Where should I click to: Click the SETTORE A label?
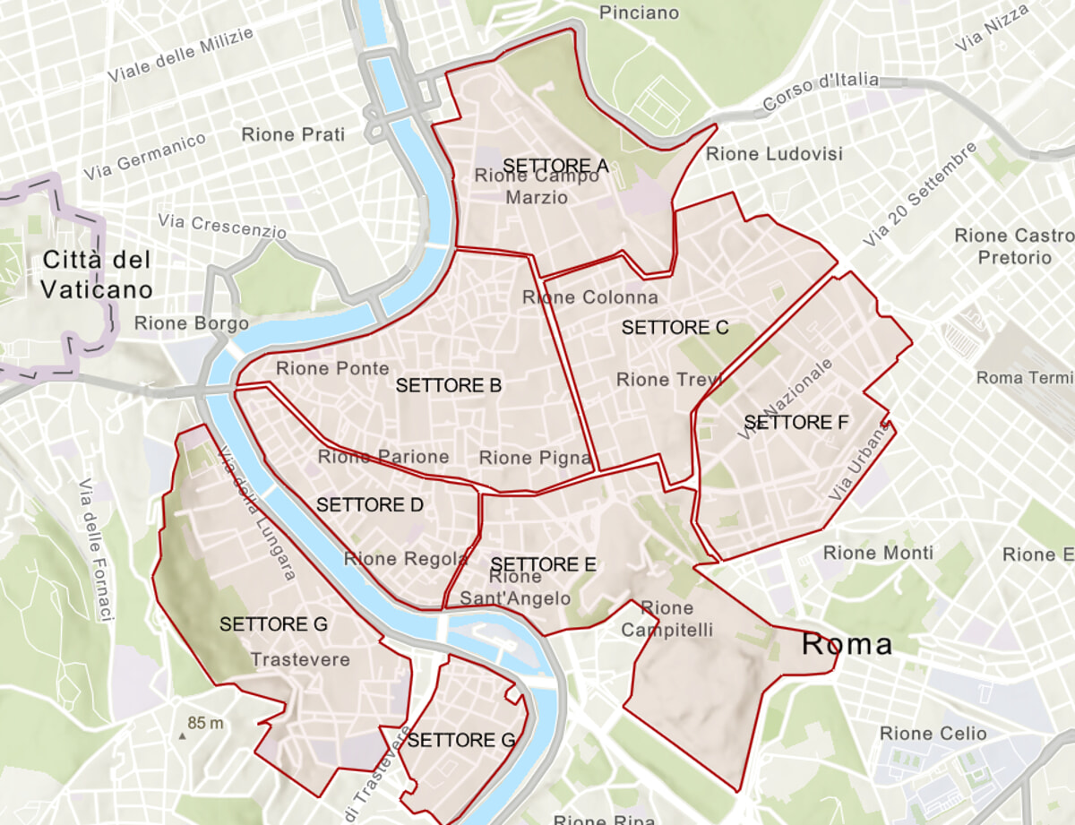[555, 166]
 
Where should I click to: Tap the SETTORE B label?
[448, 386]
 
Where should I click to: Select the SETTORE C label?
[675, 328]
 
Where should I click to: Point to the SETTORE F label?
[795, 422]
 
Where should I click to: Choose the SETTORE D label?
[369, 505]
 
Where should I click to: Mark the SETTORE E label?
[544, 564]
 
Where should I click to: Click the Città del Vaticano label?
[96, 275]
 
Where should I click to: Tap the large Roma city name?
[847, 644]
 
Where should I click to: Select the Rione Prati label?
[293, 134]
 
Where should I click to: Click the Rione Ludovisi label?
[774, 154]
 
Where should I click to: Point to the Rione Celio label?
[933, 734]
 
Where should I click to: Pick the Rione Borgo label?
[191, 323]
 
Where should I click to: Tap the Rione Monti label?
[877, 553]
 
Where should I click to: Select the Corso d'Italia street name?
[821, 93]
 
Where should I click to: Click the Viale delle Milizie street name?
[180, 55]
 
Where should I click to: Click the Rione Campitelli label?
[667, 619]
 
